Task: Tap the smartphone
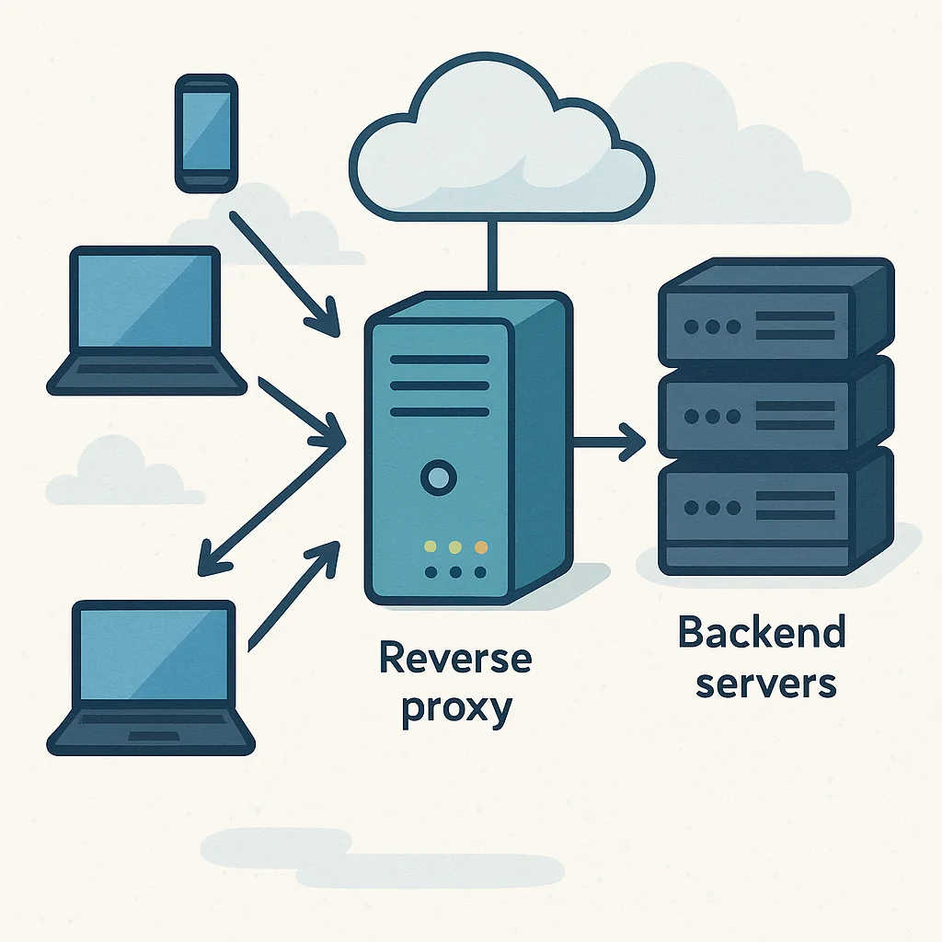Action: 206,133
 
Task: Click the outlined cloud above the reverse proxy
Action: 502,152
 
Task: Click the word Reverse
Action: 455,660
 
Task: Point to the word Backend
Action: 762,634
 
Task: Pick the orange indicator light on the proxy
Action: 478,547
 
